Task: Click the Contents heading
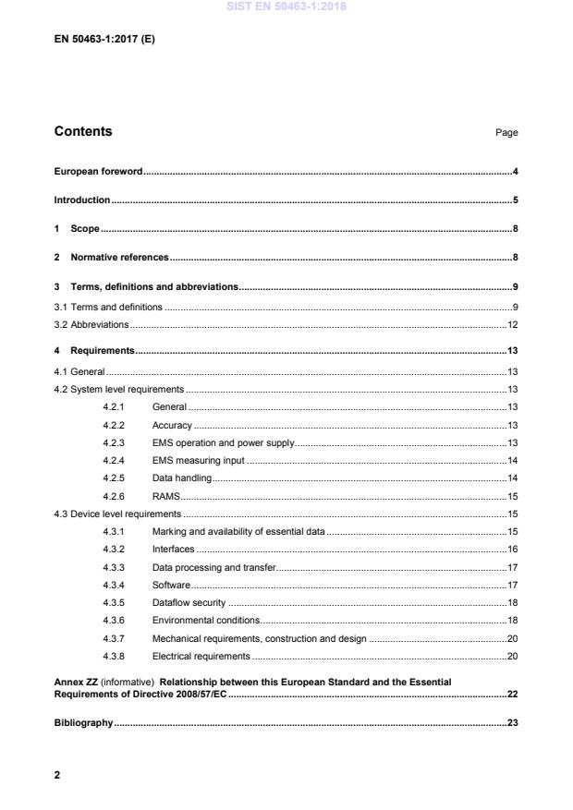click(83, 131)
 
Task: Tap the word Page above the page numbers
click(506, 133)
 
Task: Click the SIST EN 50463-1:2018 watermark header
click(286, 8)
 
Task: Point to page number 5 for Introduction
click(515, 200)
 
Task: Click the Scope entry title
click(85, 229)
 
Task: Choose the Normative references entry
click(119, 258)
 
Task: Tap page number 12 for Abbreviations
click(512, 325)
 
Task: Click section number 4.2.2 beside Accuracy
click(114, 425)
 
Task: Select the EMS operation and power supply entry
click(223, 443)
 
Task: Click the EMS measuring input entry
click(199, 461)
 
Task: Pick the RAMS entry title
click(165, 496)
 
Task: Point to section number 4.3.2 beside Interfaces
click(114, 549)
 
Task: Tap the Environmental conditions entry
click(206, 620)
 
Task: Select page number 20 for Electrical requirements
click(512, 656)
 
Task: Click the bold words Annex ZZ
click(76, 682)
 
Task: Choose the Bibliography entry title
click(83, 722)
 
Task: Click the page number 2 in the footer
click(57, 775)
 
